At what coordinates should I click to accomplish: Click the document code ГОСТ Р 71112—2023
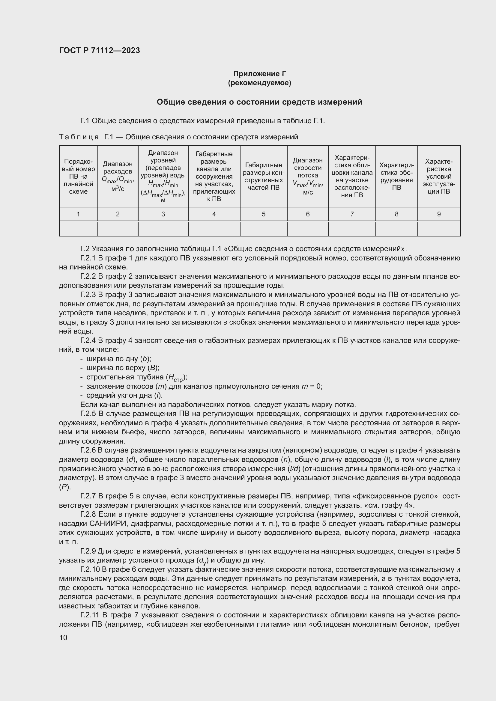99,50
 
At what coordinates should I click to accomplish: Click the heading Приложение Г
259,74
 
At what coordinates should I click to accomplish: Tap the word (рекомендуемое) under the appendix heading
259,83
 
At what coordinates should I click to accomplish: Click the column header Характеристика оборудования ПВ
396,176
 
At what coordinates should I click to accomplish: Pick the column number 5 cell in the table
263,214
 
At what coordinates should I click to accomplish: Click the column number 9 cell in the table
439,214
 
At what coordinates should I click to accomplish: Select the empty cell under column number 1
78,229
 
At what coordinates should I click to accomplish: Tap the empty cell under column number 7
352,229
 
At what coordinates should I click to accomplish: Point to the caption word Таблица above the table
79,137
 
